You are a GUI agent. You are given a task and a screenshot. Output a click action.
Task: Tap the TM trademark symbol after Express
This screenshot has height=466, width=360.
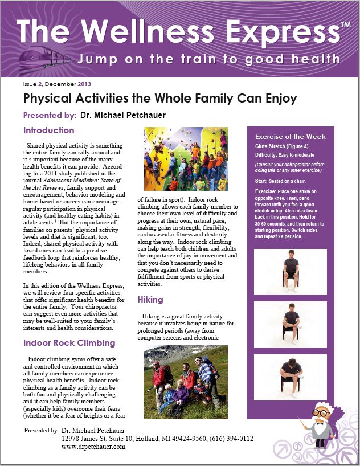coord(345,26)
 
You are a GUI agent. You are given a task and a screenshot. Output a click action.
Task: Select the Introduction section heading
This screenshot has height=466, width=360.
coord(49,130)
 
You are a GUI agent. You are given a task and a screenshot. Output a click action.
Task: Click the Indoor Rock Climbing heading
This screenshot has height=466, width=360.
coord(69,343)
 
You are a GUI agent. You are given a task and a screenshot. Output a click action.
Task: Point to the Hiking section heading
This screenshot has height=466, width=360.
coord(150,299)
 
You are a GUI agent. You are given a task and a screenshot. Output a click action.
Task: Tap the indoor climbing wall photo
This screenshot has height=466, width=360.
coord(186,159)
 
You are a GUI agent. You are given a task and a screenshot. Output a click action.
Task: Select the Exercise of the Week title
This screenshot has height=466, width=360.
coord(291,137)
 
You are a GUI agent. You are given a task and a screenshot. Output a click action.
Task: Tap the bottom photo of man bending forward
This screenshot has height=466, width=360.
coord(290,377)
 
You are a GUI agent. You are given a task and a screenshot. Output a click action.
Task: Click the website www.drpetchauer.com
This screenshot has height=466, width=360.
coord(93,447)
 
